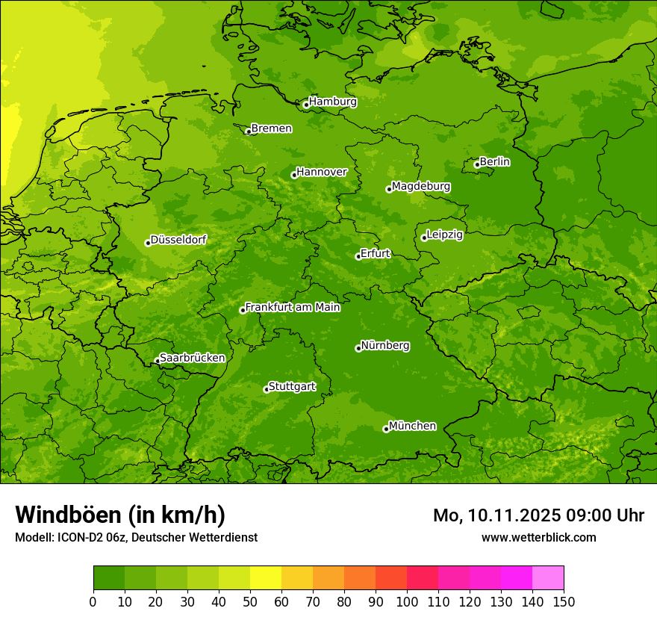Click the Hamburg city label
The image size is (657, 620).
[x=333, y=102]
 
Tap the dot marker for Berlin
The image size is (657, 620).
[x=477, y=164]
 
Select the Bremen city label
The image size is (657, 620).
[x=271, y=128]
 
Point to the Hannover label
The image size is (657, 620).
[x=322, y=172]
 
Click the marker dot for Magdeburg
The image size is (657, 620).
[x=389, y=189]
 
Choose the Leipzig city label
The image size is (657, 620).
[x=444, y=235]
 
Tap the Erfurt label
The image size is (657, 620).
[x=375, y=253]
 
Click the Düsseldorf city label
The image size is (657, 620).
[x=178, y=240]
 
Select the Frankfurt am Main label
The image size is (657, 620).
[x=293, y=307]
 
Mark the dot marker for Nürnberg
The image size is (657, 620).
[x=358, y=348]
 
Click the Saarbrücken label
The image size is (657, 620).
[x=192, y=358]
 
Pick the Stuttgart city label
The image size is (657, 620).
[x=291, y=386]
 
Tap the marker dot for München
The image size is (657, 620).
[x=386, y=429]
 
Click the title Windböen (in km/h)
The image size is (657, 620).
[x=120, y=515]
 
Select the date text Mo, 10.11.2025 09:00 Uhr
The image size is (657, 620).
[x=538, y=515]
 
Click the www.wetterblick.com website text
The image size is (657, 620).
[x=538, y=537]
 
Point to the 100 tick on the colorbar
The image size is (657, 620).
[x=407, y=601]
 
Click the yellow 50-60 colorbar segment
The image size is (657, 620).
[x=266, y=578]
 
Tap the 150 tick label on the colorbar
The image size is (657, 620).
[x=564, y=601]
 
